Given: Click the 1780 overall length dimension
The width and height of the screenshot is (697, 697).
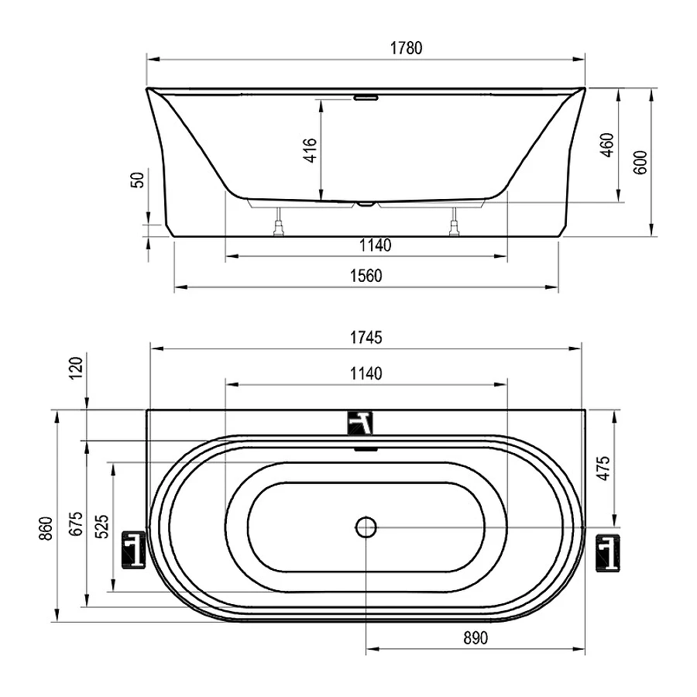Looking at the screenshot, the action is click(406, 47).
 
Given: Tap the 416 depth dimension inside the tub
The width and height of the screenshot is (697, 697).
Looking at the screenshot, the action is click(311, 149).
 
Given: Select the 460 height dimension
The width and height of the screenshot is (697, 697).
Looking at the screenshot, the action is click(606, 145).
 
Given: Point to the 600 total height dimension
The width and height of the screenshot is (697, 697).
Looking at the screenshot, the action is click(640, 163).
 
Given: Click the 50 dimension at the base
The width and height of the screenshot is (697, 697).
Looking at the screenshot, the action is click(139, 180).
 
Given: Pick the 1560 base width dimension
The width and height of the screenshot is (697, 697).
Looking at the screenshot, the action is click(366, 276).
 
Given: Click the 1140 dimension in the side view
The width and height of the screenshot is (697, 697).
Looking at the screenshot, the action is click(375, 245).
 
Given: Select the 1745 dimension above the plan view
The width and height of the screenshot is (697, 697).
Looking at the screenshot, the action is click(366, 338).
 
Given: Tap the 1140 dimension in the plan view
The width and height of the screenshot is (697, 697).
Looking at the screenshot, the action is click(366, 373).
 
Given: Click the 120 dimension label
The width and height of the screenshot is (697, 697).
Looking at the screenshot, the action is click(76, 368).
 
